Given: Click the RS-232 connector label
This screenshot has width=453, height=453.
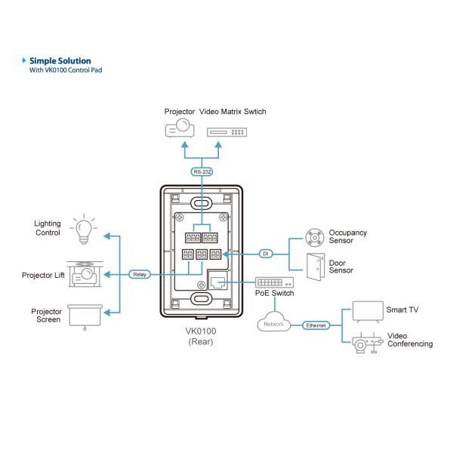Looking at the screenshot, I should [x=202, y=172].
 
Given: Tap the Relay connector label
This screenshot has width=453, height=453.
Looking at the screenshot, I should [x=140, y=274].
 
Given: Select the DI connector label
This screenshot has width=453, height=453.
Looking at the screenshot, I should [x=265, y=254].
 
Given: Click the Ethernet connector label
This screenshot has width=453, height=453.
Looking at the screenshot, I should [x=317, y=325].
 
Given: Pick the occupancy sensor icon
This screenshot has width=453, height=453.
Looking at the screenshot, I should [x=314, y=237].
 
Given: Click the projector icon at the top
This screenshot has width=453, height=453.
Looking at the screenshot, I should [x=180, y=129].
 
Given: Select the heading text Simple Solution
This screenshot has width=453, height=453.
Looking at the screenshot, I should [x=60, y=60].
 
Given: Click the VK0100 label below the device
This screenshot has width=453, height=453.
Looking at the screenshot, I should [x=202, y=330].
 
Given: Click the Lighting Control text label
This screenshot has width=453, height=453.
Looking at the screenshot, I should [x=48, y=228].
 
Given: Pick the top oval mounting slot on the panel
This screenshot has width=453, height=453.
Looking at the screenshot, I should [x=201, y=203].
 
